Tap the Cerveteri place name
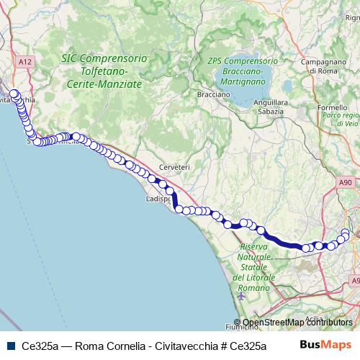[174, 167]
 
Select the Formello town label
[332, 107]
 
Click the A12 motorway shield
[26, 63]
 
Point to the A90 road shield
[346, 184]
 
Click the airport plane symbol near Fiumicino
[240, 296]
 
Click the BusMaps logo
[325, 345]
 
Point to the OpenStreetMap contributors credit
[297, 323]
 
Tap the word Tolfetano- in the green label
[104, 71]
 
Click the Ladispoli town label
[157, 198]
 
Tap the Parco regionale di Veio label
[341, 120]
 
